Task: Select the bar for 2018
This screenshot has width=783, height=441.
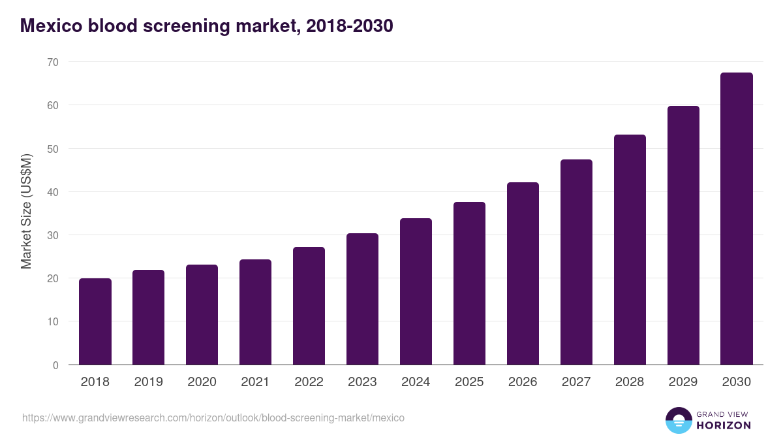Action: coord(95,321)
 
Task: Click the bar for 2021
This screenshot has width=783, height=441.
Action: coord(255,312)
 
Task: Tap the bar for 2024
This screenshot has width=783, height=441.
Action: coord(416,291)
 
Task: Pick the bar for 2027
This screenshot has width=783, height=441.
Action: coord(576,262)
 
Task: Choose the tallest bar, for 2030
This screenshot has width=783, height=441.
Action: coord(737,219)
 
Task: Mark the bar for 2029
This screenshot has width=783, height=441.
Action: coord(683,235)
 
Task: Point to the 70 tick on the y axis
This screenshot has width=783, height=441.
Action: coord(52,62)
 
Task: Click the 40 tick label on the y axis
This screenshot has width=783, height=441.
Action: coord(52,192)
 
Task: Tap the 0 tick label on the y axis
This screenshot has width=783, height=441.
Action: coord(55,365)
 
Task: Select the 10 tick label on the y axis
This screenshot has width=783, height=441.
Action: coord(52,321)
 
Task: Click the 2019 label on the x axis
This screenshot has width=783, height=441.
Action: coord(149,382)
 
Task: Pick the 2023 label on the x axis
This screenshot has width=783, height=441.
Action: coord(362,382)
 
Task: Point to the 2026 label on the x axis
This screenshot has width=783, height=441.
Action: coord(523,382)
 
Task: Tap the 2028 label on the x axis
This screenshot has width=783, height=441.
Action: coord(630,382)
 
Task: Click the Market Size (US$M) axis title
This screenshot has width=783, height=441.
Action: coord(26,212)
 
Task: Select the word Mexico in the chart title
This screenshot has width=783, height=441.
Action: coord(51,26)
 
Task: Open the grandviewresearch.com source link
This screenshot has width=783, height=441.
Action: coord(213,417)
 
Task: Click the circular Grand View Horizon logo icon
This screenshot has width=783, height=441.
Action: coord(678,420)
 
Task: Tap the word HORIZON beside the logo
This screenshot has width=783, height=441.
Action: coord(724,425)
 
